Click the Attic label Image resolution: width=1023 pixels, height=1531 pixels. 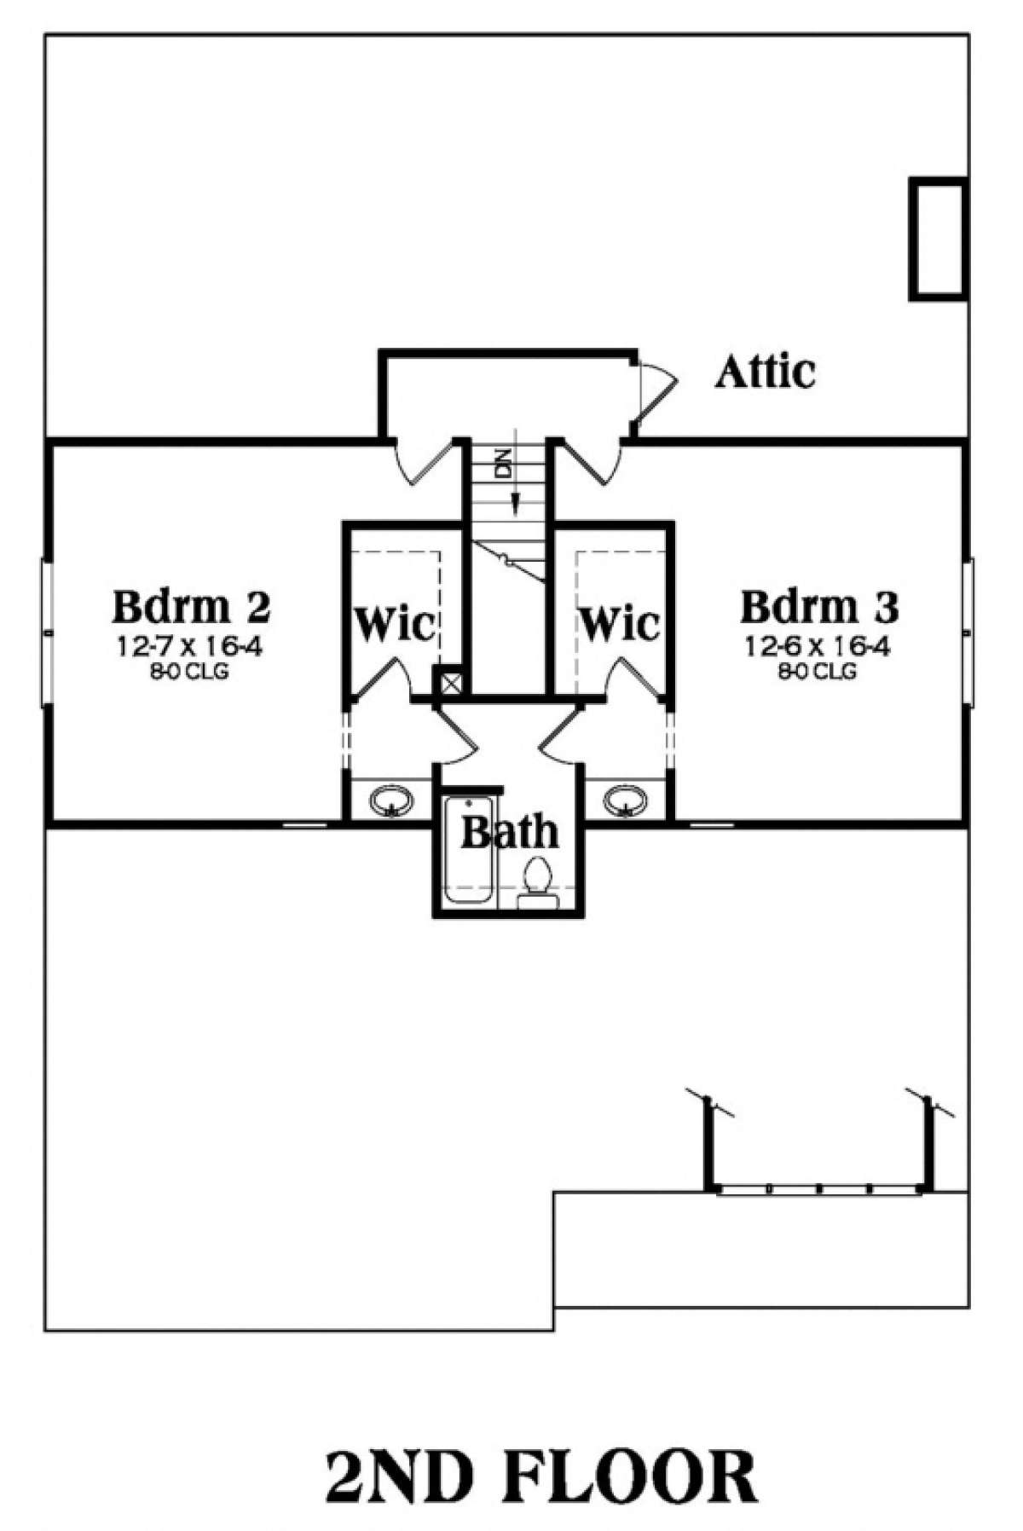(x=765, y=373)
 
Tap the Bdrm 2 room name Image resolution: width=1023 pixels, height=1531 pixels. (x=191, y=607)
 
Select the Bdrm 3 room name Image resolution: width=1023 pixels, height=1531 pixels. (x=819, y=607)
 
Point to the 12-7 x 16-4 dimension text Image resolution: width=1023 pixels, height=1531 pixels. (x=189, y=648)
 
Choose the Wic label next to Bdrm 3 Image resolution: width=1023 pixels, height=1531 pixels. (x=620, y=624)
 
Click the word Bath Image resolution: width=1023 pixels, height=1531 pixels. (x=510, y=832)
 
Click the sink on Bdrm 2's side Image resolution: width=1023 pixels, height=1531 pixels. (x=391, y=801)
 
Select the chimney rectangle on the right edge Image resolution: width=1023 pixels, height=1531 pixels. (x=939, y=239)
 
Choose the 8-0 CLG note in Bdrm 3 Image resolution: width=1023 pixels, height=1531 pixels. (x=816, y=672)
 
